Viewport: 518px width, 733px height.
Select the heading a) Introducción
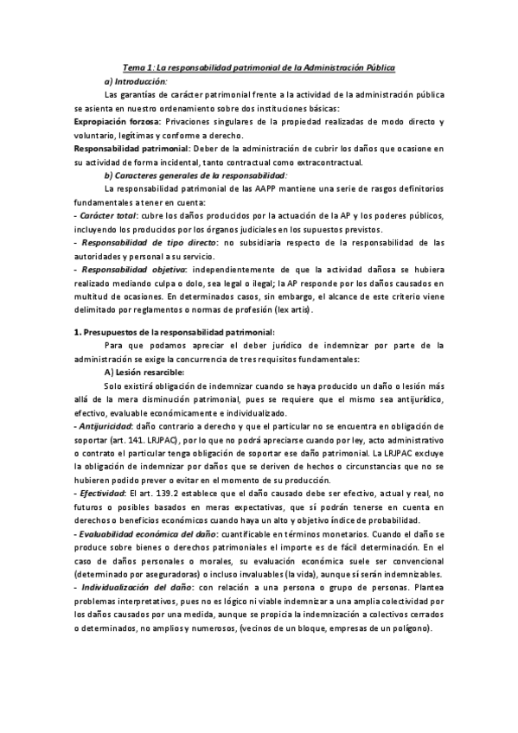[134, 80]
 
